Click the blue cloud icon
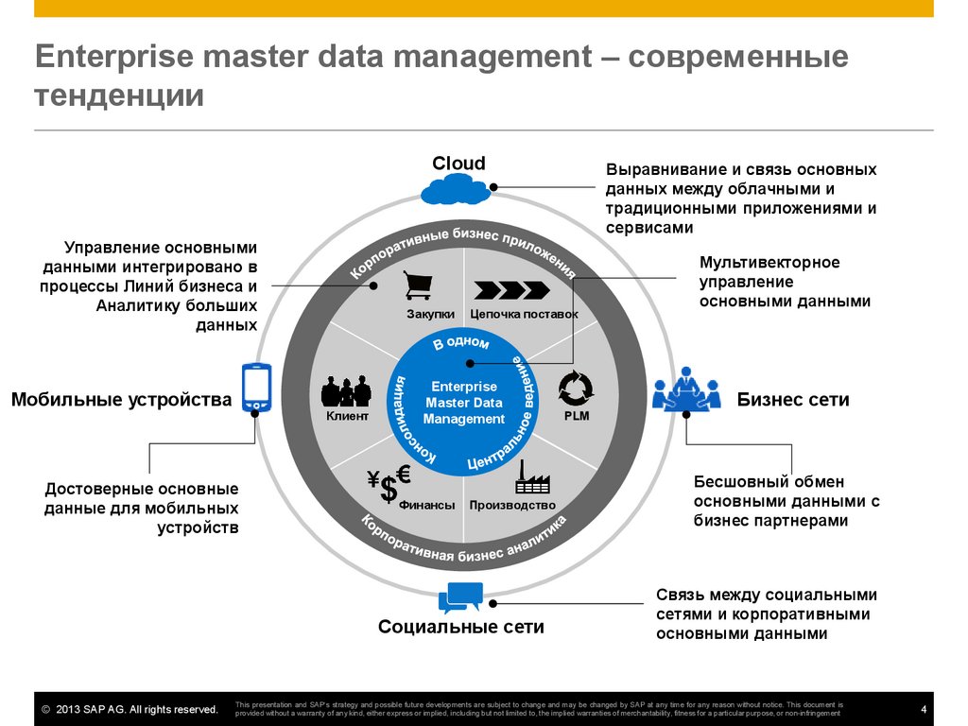pos(458,191)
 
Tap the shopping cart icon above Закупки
pos(417,285)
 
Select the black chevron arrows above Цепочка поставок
pos(510,289)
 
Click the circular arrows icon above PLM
pos(576,387)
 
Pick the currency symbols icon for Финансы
pos(389,483)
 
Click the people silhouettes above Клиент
pos(347,390)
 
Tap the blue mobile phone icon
pos(256,387)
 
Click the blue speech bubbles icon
pos(460,597)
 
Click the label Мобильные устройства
pos(121,400)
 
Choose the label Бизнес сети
pos(793,400)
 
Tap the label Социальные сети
pos(461,627)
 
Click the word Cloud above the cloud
pos(458,164)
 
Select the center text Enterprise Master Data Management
pos(463,403)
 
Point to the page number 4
pos(923,710)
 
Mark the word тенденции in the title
pos(119,96)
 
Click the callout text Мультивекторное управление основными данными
pos(784,282)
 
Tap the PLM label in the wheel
pos(576,416)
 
